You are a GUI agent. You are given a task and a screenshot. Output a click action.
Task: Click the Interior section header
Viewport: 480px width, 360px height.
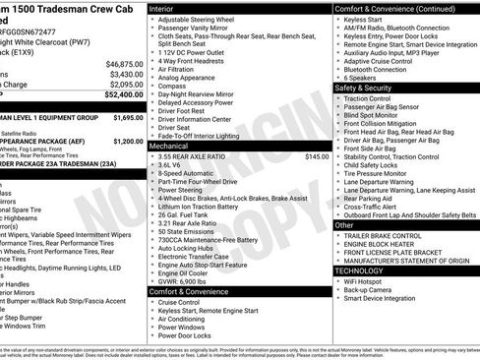coord(163,8)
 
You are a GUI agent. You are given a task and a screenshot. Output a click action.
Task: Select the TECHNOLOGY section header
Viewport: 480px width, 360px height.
coord(360,270)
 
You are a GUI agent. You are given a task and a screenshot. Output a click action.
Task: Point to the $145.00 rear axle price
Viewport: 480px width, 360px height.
coord(317,156)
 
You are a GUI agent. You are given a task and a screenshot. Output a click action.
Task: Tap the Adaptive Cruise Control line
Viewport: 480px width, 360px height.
coord(381,61)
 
